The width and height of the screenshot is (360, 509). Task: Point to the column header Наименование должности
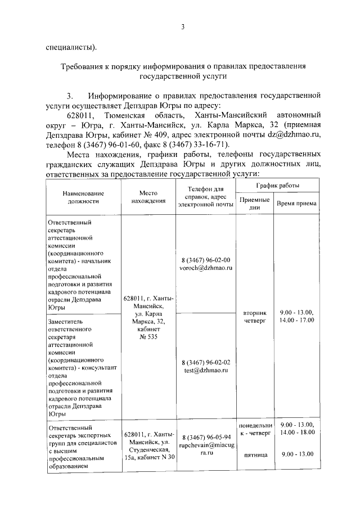tap(83, 196)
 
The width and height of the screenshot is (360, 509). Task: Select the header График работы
tap(278, 186)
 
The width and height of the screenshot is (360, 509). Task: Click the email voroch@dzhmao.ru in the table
tap(206, 268)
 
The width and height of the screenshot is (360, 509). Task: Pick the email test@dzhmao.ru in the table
tap(206, 371)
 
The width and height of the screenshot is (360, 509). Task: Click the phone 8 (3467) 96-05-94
tap(206, 436)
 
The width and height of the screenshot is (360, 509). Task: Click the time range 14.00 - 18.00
tap(296, 432)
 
